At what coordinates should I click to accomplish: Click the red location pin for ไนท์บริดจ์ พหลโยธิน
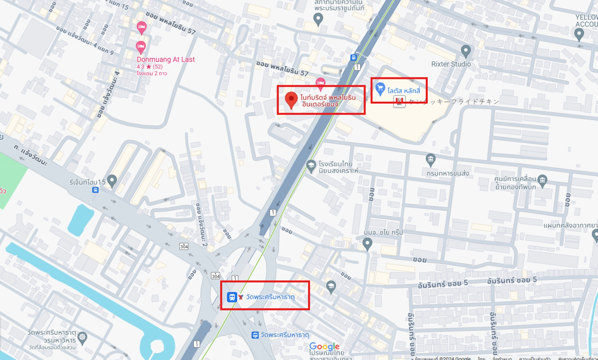coord(291,99)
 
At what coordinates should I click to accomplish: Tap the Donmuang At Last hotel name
coord(166,59)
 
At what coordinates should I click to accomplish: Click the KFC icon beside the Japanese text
coord(399,102)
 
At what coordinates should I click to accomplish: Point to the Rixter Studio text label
coord(451,64)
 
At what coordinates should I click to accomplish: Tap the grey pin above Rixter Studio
coord(466,50)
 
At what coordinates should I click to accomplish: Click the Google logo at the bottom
coord(324,346)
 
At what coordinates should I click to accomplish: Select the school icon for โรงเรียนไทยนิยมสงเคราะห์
coord(311,166)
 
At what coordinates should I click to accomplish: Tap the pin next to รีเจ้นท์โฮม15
coord(112,180)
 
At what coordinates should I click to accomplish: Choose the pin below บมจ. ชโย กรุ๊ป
coord(367,244)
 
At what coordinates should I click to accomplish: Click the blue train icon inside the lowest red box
coord(232,297)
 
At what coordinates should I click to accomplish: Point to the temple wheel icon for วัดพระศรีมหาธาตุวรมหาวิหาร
coord(82,337)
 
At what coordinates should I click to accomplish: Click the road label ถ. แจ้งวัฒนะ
coord(30,155)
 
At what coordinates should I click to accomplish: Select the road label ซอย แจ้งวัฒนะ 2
coord(202,224)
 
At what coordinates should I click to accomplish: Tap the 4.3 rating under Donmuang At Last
coord(140,67)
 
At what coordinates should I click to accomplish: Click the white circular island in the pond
coord(157,346)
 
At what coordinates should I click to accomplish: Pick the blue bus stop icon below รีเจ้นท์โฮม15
coord(95,190)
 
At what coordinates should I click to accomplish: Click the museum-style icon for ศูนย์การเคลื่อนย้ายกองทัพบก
coord(542,180)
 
